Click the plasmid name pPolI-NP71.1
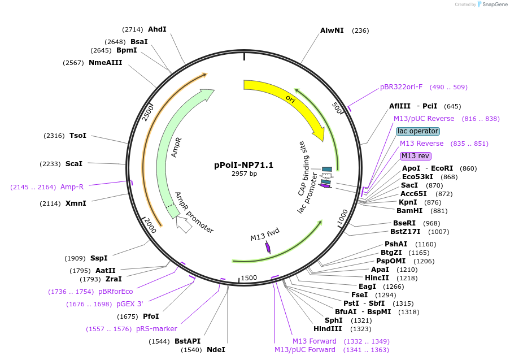click(243, 165)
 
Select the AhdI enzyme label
click(157, 29)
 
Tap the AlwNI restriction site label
click(332, 30)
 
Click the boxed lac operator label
click(418, 131)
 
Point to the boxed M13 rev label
click(415, 156)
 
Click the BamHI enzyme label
click(409, 211)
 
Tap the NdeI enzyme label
click(216, 350)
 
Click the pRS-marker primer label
click(156, 329)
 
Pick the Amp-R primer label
click(72, 186)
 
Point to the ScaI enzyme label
click(74, 164)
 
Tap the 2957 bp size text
click(244, 174)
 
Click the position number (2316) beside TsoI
click(54, 136)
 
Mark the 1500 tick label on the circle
click(249, 278)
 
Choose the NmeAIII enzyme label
click(105, 62)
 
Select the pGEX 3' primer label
click(129, 304)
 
